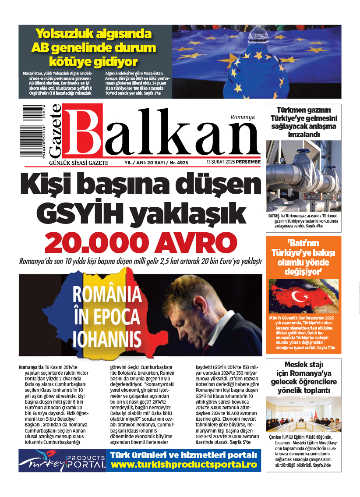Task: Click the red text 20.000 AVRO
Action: point(140,242)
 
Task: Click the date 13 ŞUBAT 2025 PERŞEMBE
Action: point(234,162)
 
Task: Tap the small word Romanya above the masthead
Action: point(242,117)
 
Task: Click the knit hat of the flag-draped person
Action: point(257,35)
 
